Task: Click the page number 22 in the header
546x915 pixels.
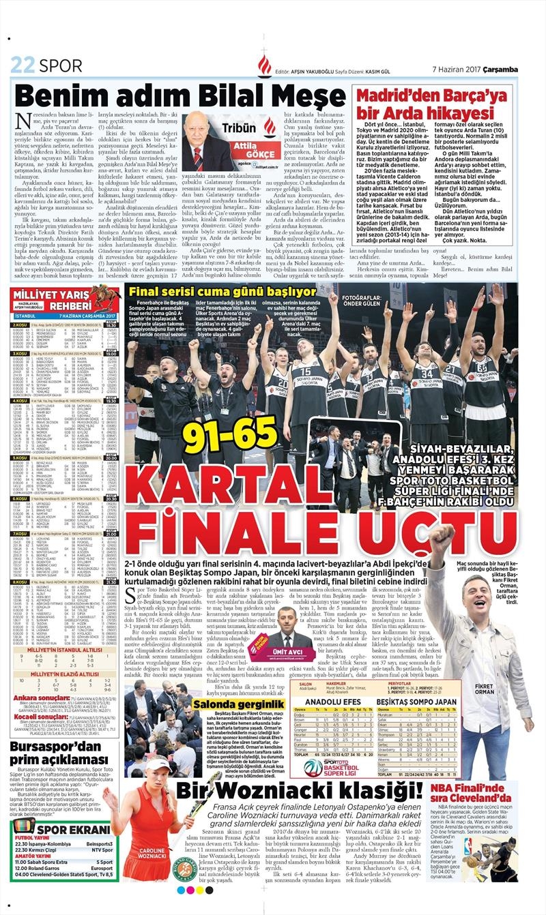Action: click(23, 66)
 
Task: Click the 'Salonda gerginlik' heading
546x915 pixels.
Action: click(239, 703)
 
